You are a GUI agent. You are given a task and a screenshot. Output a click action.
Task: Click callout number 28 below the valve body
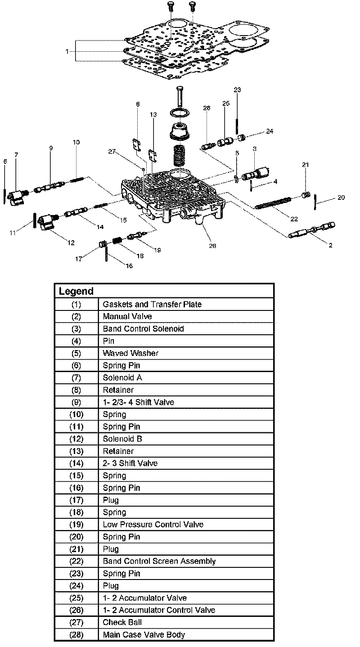click(212, 246)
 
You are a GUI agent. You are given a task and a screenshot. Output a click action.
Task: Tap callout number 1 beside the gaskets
click(67, 51)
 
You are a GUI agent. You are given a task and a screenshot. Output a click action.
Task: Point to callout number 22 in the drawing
click(294, 219)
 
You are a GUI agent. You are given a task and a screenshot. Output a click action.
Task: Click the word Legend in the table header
click(76, 291)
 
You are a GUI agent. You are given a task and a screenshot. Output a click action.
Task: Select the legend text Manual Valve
click(127, 316)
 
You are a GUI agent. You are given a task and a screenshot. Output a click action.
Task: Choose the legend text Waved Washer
click(130, 353)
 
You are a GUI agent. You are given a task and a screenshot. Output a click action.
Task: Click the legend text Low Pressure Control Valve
click(153, 524)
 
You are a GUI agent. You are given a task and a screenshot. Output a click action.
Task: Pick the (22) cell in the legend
click(76, 561)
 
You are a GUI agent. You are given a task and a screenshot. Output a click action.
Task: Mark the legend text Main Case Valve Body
click(144, 635)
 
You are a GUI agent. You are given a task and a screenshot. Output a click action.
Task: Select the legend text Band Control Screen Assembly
click(159, 561)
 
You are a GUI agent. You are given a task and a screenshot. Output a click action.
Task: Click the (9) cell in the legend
click(76, 402)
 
